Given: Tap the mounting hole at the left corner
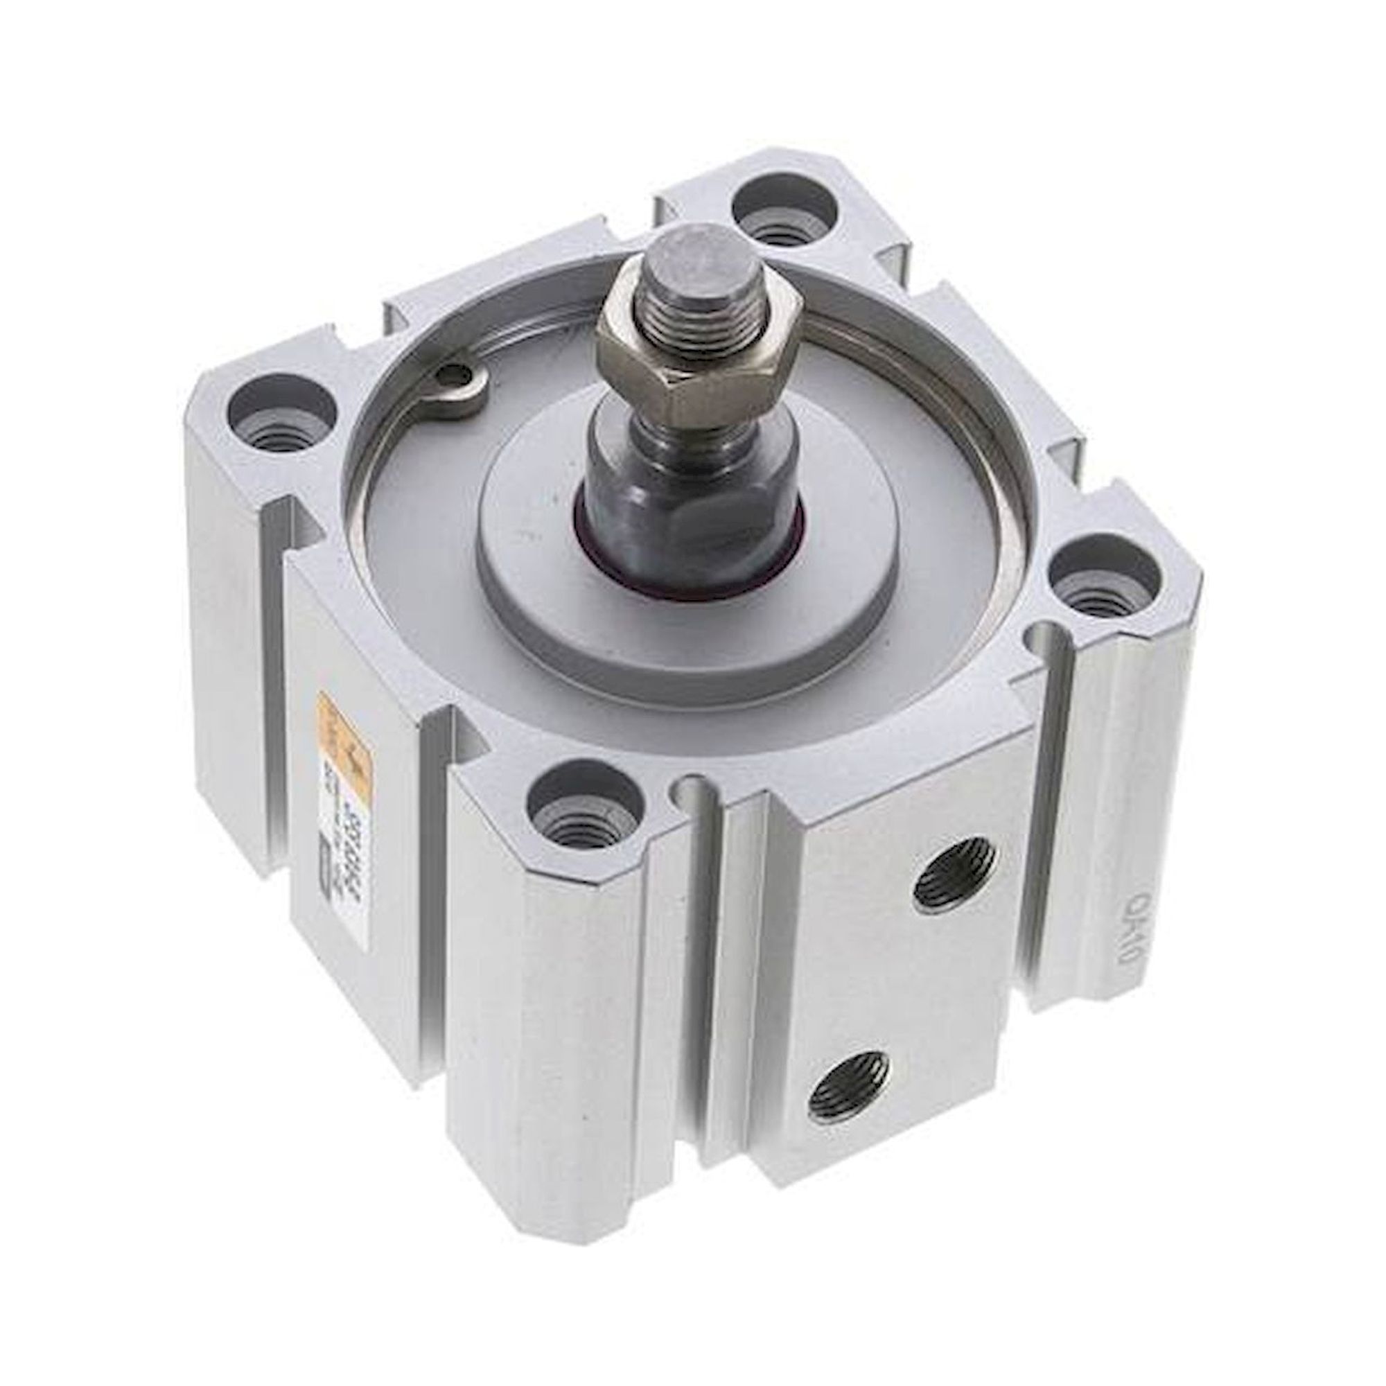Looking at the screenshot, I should (280, 412).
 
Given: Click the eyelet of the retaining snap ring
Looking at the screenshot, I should (453, 374).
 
